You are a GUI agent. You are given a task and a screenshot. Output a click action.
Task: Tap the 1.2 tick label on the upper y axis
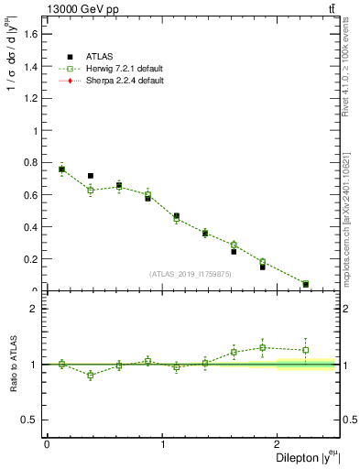[30, 98]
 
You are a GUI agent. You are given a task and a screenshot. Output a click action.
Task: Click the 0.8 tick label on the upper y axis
[30, 162]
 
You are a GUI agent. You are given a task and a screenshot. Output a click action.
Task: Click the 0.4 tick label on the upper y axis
[30, 227]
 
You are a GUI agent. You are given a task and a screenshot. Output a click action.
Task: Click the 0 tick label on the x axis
[47, 445]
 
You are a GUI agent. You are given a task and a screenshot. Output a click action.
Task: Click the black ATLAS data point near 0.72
[91, 176]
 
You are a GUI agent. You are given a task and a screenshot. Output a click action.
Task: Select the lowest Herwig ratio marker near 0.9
[91, 375]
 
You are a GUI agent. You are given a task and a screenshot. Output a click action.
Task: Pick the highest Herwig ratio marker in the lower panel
[263, 347]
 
